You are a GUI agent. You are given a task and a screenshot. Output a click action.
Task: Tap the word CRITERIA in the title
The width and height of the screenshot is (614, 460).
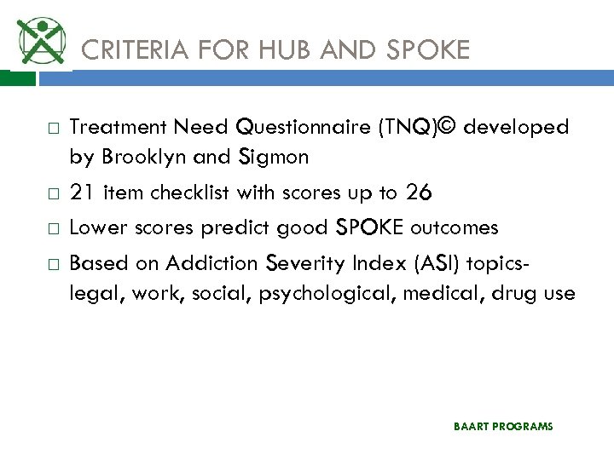point(130,51)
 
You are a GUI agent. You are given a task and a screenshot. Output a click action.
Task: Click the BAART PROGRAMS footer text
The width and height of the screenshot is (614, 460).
point(503,426)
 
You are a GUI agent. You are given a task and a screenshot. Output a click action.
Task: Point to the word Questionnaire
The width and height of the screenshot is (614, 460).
point(304,128)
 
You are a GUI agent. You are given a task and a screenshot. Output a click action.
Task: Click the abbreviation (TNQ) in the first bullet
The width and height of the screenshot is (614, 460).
point(404,128)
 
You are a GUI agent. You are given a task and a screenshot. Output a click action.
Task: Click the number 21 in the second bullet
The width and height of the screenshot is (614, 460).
point(82,193)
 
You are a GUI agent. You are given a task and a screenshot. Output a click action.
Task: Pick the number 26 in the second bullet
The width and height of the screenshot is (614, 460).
point(419,193)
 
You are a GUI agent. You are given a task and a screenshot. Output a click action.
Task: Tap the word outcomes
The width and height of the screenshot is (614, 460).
point(455,228)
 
